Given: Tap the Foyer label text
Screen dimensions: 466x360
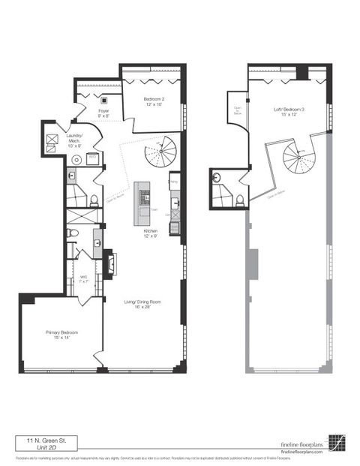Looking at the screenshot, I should [103, 113].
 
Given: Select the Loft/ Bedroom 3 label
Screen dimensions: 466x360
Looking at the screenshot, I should [289, 113].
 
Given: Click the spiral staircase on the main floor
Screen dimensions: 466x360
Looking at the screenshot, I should [160, 154].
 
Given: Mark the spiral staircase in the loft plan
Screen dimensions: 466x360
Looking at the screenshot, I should [300, 161].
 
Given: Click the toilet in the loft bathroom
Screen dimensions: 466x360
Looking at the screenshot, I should [238, 200].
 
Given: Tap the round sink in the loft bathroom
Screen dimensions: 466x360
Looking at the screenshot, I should [216, 179].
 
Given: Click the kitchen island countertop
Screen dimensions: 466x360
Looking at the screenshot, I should [142, 201].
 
